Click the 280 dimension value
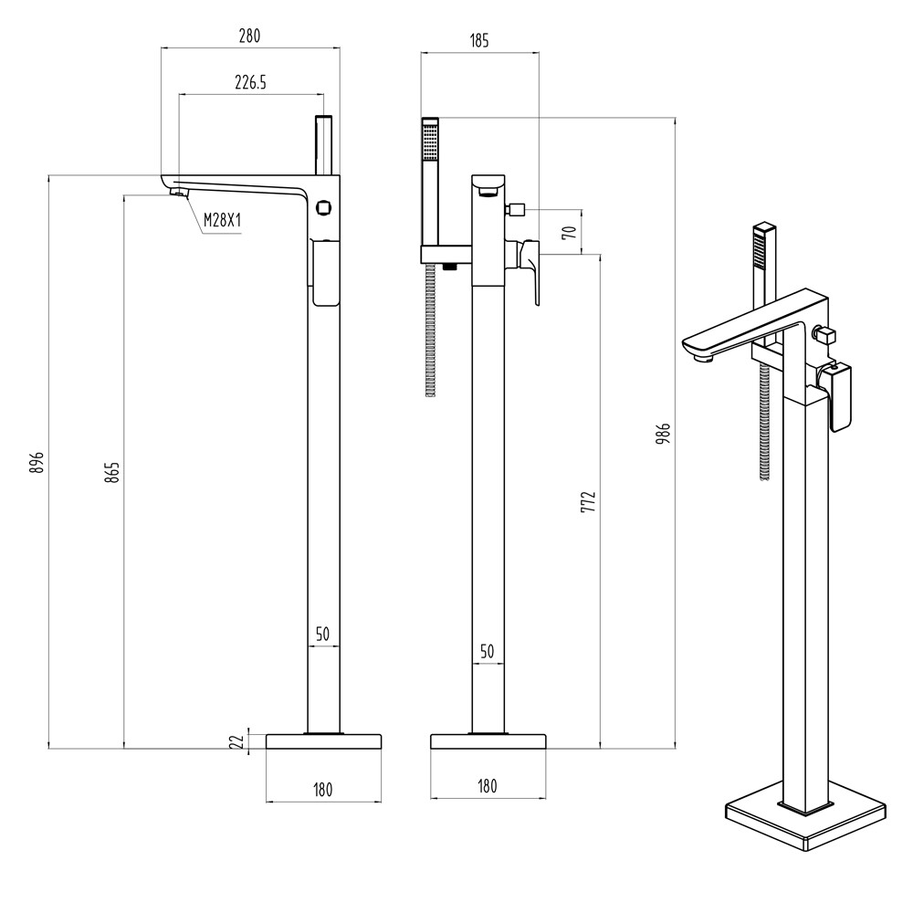click(249, 37)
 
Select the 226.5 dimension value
click(249, 82)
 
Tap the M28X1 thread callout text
click(222, 220)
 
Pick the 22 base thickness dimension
click(236, 741)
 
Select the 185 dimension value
click(479, 40)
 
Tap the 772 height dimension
click(589, 501)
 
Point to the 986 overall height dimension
click(664, 432)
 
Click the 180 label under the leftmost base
click(322, 787)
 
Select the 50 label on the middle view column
click(487, 651)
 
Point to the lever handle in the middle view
click(531, 270)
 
